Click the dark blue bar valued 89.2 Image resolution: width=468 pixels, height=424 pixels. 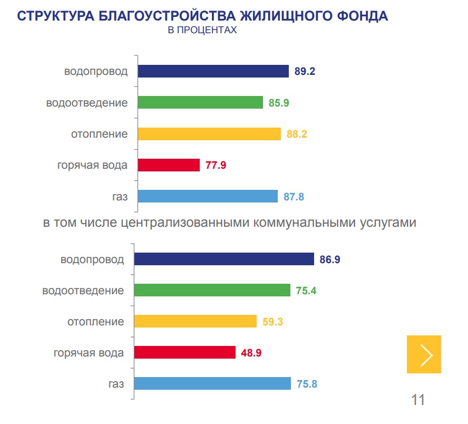(x=213, y=71)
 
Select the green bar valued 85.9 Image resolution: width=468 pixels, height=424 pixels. (x=200, y=102)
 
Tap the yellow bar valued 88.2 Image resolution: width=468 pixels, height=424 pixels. (x=209, y=134)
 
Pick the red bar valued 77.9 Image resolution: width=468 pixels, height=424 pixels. (x=169, y=165)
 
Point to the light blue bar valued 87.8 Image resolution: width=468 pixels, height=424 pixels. (x=208, y=196)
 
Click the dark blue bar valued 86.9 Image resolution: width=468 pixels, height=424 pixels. (x=224, y=259)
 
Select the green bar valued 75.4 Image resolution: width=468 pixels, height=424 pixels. (x=212, y=290)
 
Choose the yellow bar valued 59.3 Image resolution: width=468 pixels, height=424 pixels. (x=195, y=321)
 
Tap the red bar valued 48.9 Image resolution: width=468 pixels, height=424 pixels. (x=184, y=352)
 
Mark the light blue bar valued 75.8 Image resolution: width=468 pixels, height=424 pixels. (x=212, y=383)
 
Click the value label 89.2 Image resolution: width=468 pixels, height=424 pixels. (x=305, y=72)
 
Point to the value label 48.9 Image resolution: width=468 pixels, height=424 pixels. (x=251, y=352)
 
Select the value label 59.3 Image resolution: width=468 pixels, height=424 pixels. (x=272, y=321)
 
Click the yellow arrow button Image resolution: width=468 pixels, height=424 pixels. (x=424, y=354)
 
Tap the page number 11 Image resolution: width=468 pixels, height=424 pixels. (x=417, y=399)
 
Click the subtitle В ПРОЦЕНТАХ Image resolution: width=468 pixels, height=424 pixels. (x=202, y=31)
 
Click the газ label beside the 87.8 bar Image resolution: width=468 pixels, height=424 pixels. (x=120, y=196)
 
